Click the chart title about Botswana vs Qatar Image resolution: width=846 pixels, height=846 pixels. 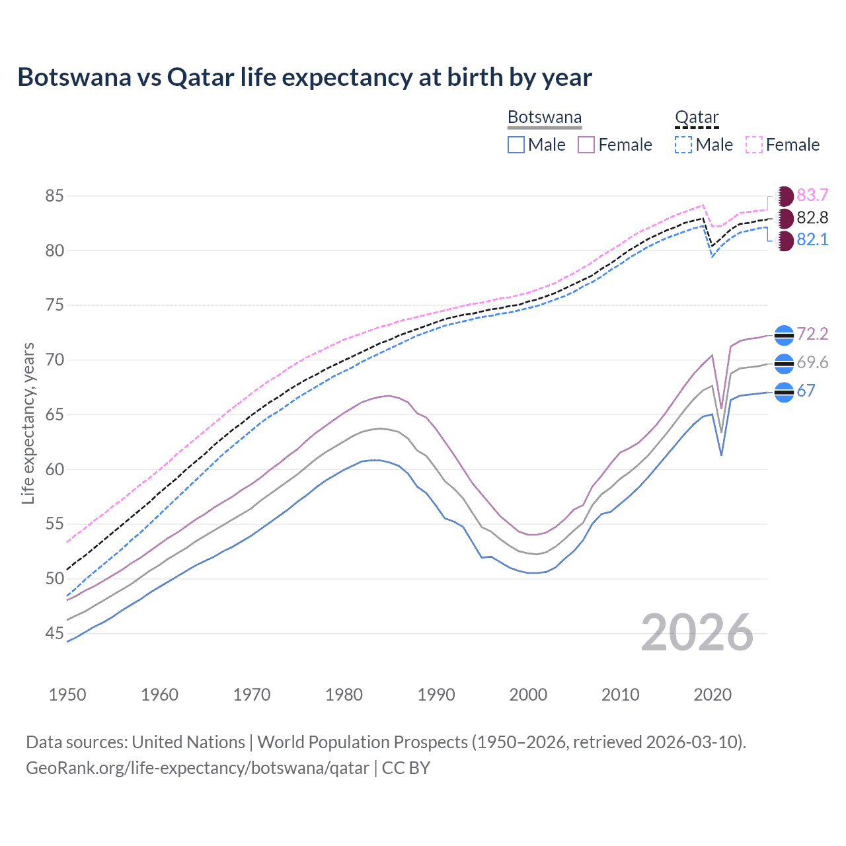point(305,77)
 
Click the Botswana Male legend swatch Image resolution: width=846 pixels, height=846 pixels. point(516,145)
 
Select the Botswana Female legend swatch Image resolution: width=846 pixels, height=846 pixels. point(586,145)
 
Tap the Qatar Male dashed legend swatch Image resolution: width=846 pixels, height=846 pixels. point(683,145)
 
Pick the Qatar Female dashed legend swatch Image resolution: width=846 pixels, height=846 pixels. point(754,145)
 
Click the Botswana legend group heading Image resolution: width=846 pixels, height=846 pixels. point(545,118)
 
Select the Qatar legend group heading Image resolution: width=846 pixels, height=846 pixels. point(697,118)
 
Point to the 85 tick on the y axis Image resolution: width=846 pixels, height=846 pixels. point(55,196)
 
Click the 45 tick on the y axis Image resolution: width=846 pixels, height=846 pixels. point(55,634)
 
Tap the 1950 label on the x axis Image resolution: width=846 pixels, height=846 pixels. point(67,695)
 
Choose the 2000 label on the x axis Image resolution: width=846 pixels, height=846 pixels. point(528,695)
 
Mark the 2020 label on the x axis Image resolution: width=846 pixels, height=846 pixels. point(712,695)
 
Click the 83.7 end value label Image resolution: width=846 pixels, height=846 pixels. point(812,196)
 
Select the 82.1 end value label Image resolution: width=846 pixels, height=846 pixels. point(812,240)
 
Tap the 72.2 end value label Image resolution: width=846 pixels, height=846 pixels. point(812,334)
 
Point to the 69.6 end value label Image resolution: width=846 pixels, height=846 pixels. point(812,363)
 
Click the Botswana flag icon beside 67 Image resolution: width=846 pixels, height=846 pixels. point(784,392)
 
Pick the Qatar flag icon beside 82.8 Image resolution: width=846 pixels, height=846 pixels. point(785,218)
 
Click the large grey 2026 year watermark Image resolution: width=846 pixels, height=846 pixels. point(697,633)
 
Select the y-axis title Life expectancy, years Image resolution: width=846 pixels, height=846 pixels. point(28,424)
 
